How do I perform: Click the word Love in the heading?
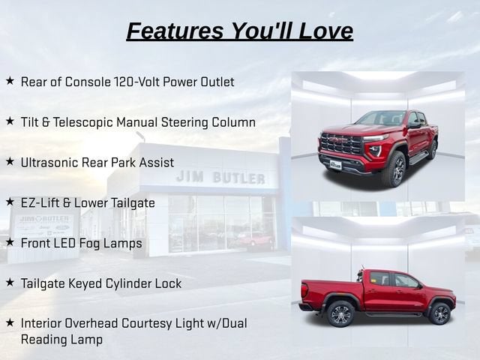(x=325, y=31)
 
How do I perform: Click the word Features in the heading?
(x=175, y=31)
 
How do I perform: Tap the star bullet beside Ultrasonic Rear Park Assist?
(x=10, y=162)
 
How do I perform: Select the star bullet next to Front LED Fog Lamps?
(x=10, y=242)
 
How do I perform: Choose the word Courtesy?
(x=147, y=324)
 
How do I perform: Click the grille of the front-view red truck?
(x=340, y=143)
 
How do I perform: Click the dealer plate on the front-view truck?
(x=335, y=164)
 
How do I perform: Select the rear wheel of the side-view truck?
(x=340, y=313)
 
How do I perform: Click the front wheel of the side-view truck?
(x=439, y=313)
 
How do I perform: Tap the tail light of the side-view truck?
(x=304, y=290)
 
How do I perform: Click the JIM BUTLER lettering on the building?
(x=220, y=178)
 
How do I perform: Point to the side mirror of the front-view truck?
(x=415, y=124)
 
